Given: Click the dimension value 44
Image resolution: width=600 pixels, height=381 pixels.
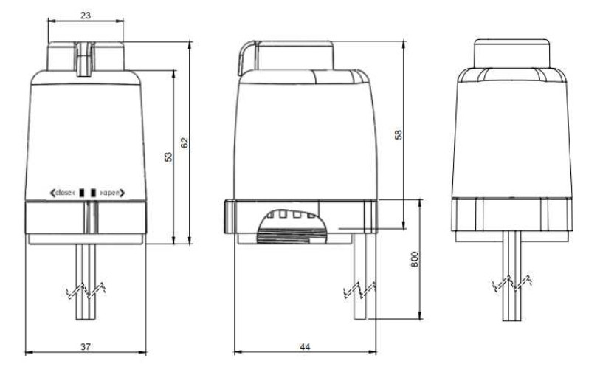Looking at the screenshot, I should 304,346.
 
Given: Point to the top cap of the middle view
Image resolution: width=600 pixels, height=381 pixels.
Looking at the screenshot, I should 288,53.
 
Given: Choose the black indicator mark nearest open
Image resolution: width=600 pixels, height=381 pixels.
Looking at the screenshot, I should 93,192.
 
